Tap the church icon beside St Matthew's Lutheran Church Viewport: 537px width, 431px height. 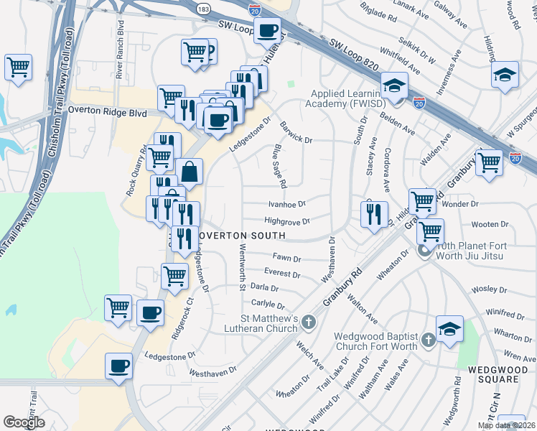[x=309, y=320]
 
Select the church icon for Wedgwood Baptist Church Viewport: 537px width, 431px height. [x=428, y=339]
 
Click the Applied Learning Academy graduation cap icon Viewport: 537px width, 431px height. [x=394, y=85]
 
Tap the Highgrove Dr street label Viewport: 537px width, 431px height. [x=286, y=222]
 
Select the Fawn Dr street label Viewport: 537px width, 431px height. [x=286, y=257]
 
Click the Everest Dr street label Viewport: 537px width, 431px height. [x=282, y=274]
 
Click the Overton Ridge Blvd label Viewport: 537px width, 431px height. [x=107, y=113]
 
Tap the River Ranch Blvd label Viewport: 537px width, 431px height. [x=118, y=55]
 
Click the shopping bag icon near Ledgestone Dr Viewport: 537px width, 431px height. [x=190, y=171]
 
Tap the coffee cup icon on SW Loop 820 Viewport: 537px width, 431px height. [x=268, y=30]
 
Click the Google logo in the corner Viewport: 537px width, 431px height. [x=24, y=422]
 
